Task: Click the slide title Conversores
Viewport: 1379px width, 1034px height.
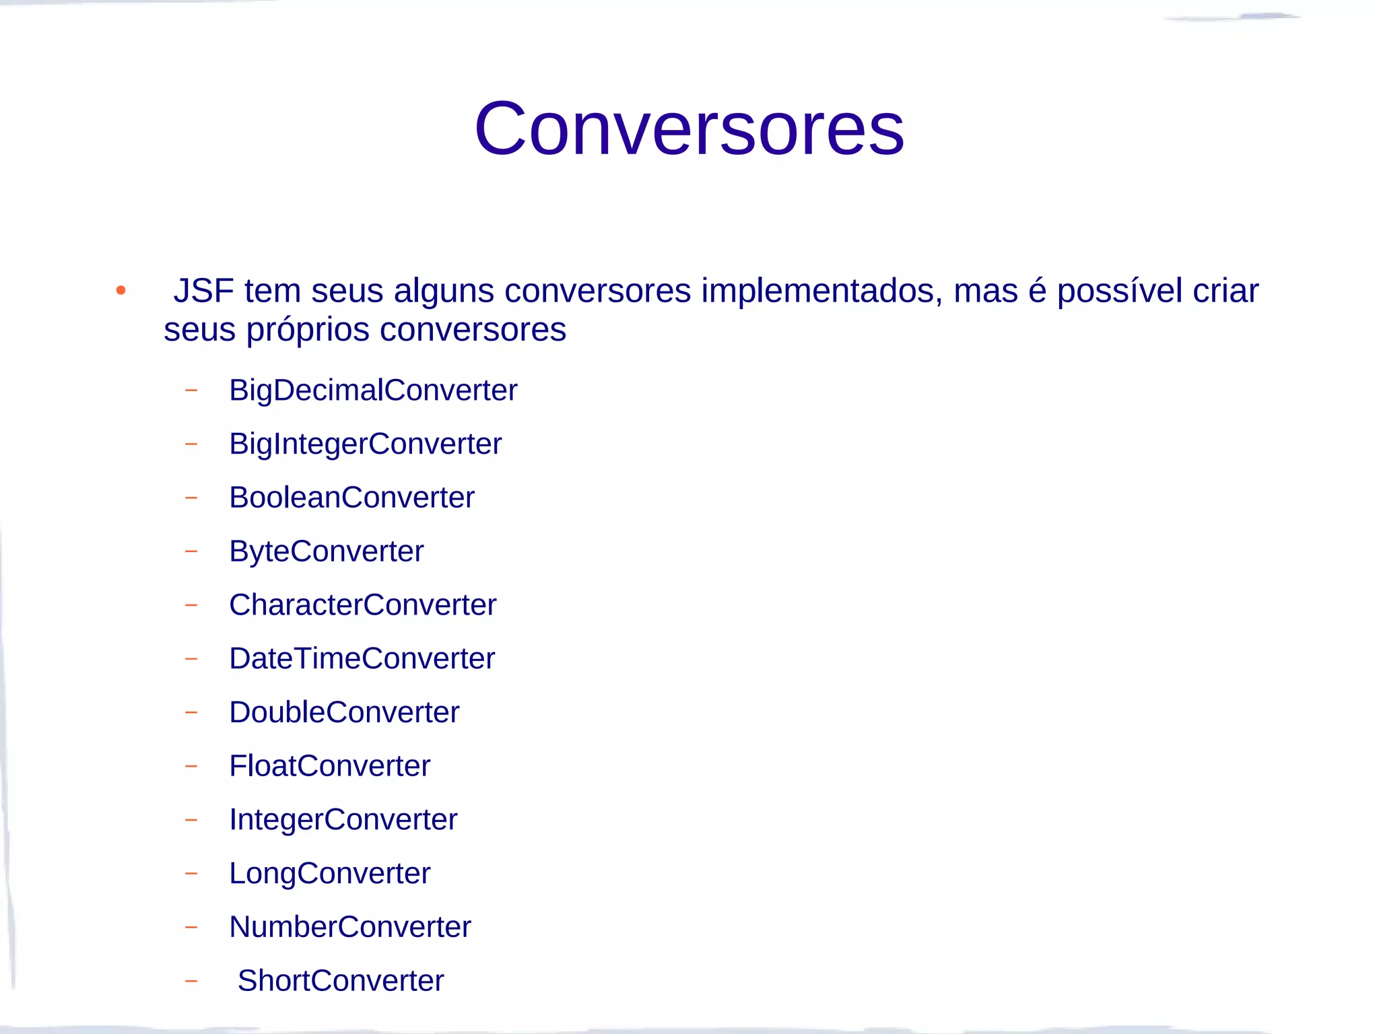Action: (689, 129)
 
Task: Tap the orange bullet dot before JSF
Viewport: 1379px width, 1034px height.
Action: (121, 291)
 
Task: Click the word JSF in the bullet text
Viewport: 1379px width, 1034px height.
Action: (203, 291)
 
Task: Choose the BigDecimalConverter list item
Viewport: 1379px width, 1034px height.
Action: (373, 390)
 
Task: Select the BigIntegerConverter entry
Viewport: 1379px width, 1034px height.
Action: (365, 444)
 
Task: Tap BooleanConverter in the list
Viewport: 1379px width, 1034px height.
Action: (351, 498)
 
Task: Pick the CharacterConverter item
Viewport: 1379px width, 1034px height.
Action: (362, 605)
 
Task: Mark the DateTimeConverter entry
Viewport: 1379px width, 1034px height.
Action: (362, 659)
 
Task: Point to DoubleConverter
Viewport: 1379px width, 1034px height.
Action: (344, 713)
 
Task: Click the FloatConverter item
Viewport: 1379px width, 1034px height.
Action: (329, 766)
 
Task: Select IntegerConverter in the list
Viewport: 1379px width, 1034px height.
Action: (343, 820)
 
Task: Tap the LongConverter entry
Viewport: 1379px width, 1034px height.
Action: (329, 874)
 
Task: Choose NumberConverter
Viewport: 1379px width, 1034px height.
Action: (349, 928)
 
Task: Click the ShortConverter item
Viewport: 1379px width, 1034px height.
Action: (341, 981)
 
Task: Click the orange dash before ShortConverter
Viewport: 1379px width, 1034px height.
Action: (191, 981)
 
